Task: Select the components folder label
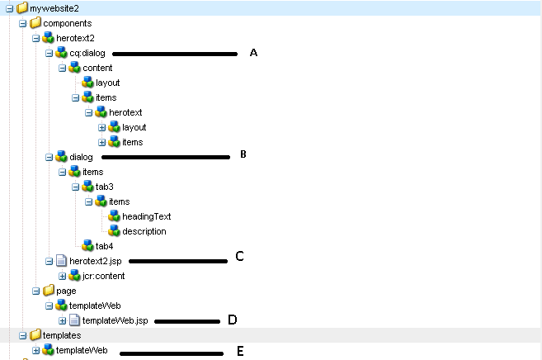point(67,23)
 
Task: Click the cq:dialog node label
point(87,53)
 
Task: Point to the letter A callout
point(254,53)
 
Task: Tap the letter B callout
point(243,154)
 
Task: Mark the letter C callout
point(239,256)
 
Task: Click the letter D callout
point(233,320)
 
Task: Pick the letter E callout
point(240,351)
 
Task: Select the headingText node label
point(147,216)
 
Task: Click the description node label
point(144,231)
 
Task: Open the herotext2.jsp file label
point(96,261)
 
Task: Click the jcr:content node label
point(103,276)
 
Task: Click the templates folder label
point(63,335)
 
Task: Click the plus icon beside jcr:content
point(62,276)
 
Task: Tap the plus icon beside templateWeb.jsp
point(62,320)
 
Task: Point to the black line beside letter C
point(178,261)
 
